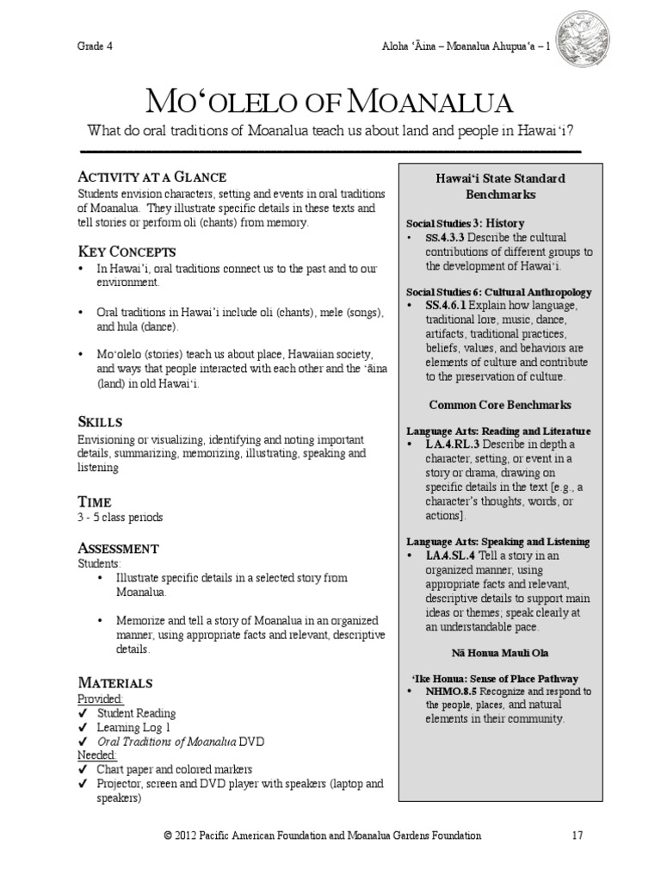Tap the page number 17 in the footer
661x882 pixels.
[578, 835]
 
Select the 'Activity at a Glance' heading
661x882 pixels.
[152, 177]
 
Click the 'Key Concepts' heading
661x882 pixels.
[127, 252]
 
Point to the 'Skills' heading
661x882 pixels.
[101, 422]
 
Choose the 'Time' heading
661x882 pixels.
[95, 501]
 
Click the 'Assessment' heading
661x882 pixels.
[118, 548]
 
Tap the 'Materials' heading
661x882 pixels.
[115, 682]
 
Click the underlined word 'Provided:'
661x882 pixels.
[101, 699]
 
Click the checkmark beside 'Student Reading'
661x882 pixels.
[83, 713]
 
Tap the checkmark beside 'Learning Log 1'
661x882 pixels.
[83, 727]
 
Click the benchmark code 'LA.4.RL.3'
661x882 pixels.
[454, 443]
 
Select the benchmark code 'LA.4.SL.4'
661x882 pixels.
[454, 556]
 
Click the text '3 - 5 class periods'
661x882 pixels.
[120, 517]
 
